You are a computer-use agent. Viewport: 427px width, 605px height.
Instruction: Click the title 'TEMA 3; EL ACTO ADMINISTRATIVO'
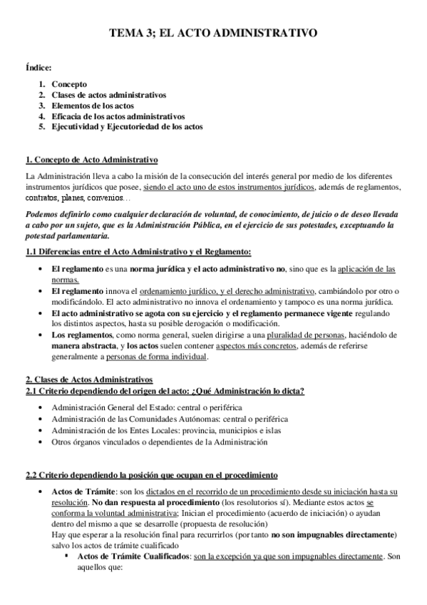coord(213,33)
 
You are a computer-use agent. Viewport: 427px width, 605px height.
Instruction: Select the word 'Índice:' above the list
coord(38,68)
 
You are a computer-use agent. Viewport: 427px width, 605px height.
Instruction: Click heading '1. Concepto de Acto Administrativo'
coord(91,159)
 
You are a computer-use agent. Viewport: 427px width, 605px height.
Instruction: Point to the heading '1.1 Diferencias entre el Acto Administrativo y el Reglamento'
coord(138,252)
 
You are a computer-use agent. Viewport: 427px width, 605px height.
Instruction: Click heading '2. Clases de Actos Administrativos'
coord(88,378)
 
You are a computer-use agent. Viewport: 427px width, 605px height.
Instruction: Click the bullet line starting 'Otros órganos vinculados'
coord(159,443)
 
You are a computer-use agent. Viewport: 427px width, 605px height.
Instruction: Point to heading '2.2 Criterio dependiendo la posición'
coord(151,475)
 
